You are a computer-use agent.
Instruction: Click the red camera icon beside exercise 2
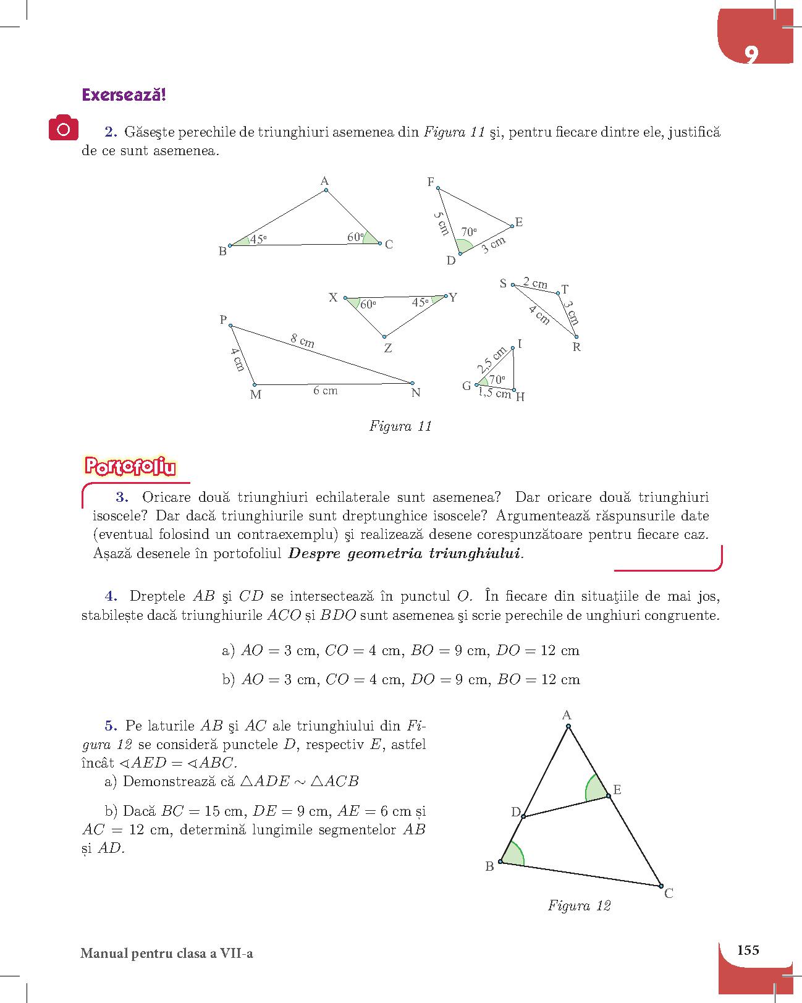pos(64,129)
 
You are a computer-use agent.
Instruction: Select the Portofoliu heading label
pos(129,467)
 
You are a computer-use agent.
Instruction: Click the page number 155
pos(748,950)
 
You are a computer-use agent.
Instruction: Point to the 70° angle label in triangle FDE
pos(469,232)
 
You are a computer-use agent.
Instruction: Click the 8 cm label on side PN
pos(303,341)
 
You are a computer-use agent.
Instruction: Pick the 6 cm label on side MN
pos(325,391)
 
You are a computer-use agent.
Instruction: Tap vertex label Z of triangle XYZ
pos(387,349)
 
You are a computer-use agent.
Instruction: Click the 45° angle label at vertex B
pos(258,240)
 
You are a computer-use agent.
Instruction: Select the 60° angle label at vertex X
pos(368,305)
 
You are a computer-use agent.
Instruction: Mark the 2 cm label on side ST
pos(535,284)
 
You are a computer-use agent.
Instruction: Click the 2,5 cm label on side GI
pos(492,360)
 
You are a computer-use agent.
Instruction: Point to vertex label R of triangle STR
pos(576,347)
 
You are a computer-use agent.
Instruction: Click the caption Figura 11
pos(400,426)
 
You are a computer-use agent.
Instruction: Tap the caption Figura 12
pos(579,906)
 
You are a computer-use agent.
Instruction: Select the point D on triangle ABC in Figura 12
pos(523,817)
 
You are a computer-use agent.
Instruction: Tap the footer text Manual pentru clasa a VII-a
pos(167,954)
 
